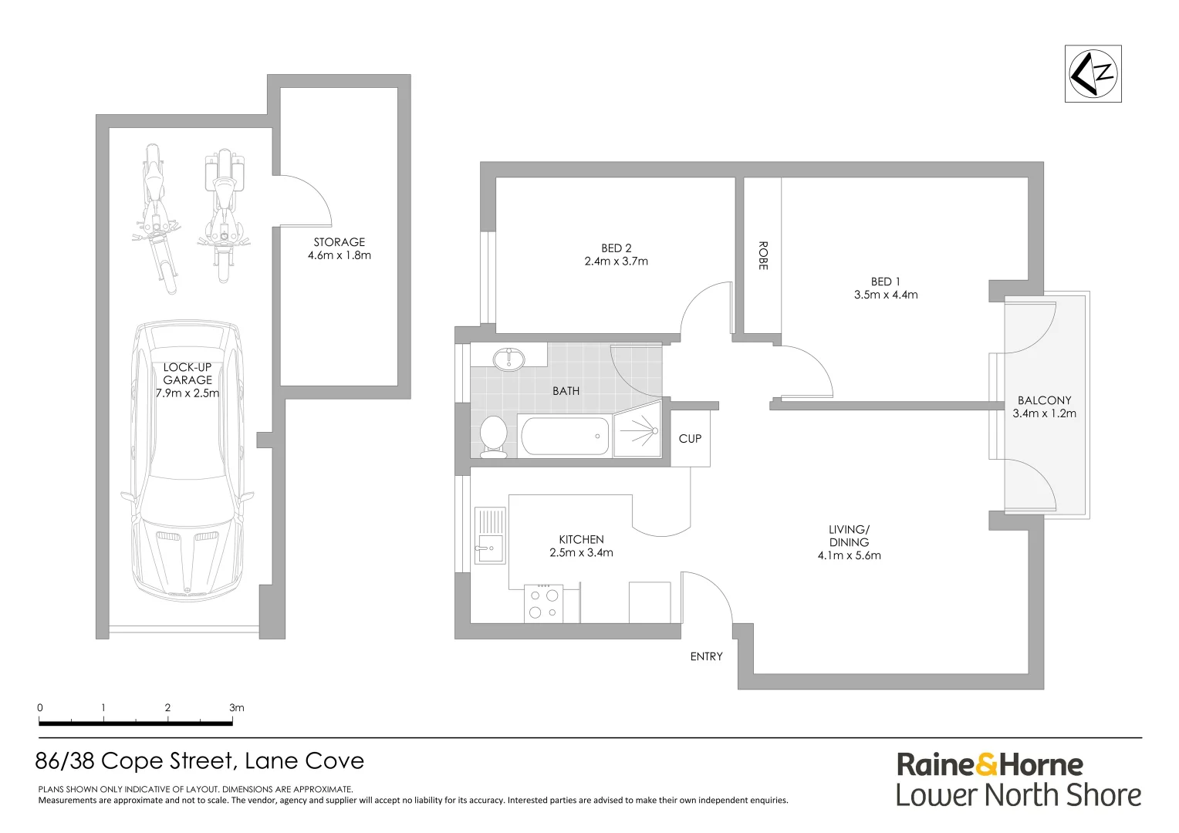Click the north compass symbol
[1093, 74]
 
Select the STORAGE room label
[339, 242]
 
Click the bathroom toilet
[492, 436]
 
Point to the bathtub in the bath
[565, 436]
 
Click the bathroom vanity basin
[508, 359]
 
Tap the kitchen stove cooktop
[542, 603]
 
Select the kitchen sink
[489, 536]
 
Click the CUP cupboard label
[690, 439]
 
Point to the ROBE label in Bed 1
[762, 255]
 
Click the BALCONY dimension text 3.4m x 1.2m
[1044, 413]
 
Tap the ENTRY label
[706, 656]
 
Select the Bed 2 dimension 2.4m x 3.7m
[616, 261]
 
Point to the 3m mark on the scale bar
[235, 708]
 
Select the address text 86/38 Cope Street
[134, 761]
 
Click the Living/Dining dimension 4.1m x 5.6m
[849, 555]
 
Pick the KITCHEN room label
[581, 539]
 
